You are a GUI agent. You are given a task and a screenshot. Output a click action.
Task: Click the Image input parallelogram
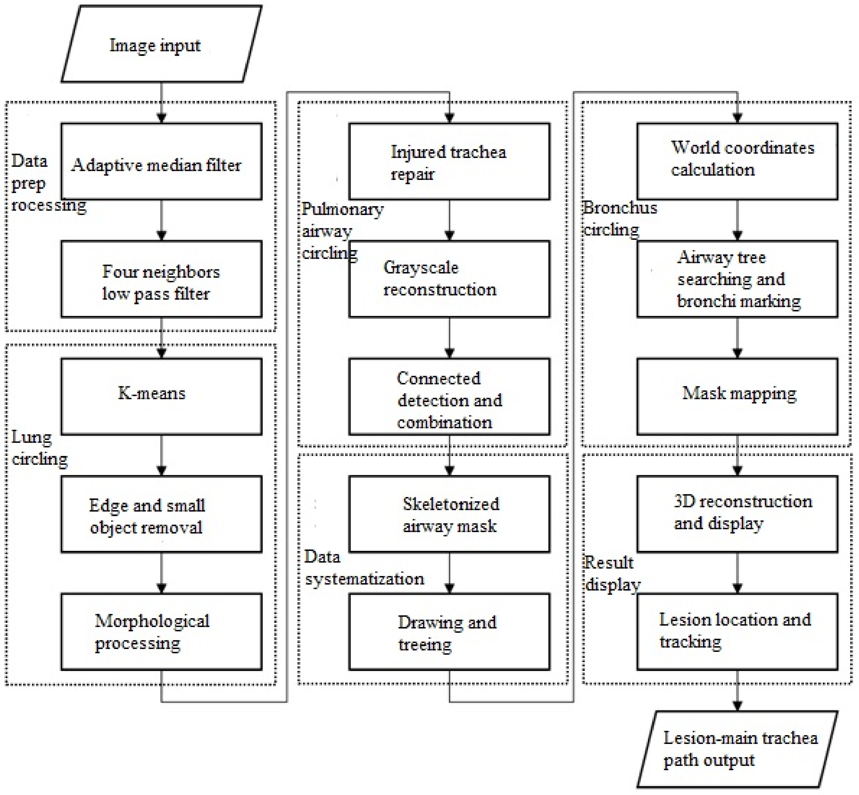point(161,44)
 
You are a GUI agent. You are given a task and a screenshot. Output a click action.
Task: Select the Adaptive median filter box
point(161,162)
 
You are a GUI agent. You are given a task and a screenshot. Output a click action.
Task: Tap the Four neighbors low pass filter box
point(161,279)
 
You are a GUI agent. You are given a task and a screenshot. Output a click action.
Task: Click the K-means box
point(161,396)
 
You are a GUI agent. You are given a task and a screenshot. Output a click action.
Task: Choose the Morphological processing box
point(161,632)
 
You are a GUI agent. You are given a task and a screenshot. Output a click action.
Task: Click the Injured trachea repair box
point(449,162)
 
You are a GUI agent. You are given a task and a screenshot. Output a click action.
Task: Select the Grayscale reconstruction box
point(449,279)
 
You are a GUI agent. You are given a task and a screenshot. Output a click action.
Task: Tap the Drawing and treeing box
point(449,632)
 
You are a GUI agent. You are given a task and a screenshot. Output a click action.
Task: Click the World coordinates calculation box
point(737,162)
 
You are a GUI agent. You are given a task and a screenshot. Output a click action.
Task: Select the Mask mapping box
point(737,396)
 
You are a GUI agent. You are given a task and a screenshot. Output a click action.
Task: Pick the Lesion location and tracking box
point(737,632)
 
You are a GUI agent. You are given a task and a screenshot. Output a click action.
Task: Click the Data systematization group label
point(363,568)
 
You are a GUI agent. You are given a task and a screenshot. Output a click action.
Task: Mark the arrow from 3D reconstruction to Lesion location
point(737,573)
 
